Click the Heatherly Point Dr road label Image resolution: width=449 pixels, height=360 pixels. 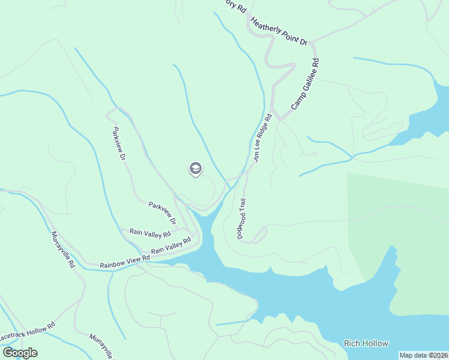(279, 32)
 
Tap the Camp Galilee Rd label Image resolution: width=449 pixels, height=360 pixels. (306, 83)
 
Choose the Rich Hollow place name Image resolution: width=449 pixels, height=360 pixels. (366, 343)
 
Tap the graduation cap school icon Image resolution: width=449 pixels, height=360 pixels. (195, 169)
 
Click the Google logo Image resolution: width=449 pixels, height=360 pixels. (20, 353)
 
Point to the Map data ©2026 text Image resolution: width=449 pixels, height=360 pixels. (424, 355)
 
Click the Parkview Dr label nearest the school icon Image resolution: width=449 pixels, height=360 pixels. (162, 213)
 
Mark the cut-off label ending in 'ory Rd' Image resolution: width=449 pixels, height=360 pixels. (234, 6)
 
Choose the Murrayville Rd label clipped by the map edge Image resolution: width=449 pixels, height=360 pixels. (101, 346)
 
